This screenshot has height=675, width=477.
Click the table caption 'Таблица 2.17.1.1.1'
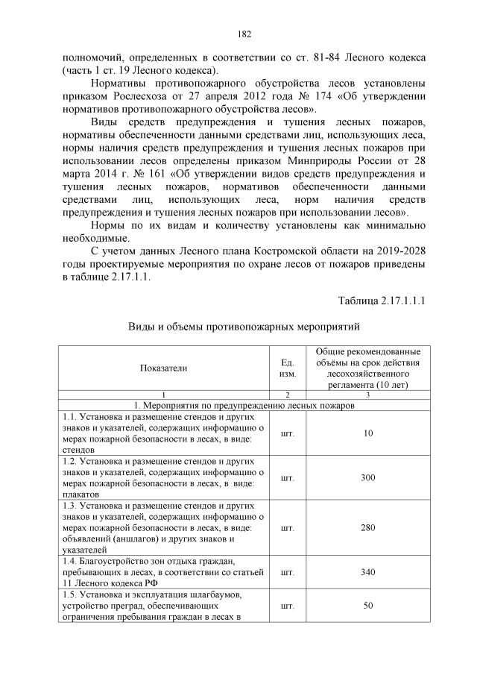[382, 301]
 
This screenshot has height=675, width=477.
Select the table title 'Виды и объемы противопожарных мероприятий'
[243, 327]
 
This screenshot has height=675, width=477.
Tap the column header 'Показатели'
[163, 368]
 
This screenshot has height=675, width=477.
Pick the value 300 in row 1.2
[368, 477]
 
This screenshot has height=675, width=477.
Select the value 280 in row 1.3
[368, 527]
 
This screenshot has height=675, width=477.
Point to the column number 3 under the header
[368, 393]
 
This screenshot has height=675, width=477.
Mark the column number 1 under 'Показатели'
[163, 393]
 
